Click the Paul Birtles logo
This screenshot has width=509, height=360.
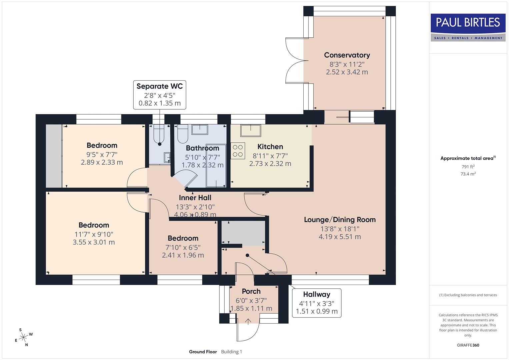(468, 27)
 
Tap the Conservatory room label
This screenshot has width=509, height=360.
(347, 55)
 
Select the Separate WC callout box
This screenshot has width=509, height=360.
(160, 95)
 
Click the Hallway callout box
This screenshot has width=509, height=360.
(316, 303)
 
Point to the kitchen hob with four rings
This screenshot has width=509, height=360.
(238, 150)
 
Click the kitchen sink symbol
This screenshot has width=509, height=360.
(251, 131)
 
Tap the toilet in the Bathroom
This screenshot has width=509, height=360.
(183, 135)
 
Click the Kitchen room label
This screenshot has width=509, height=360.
(270, 147)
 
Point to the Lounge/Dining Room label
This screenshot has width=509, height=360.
(340, 220)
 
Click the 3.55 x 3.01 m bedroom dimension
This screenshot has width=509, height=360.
(94, 242)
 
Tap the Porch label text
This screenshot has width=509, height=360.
(251, 291)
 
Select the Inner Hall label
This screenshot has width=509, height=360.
(195, 198)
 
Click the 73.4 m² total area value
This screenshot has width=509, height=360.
(468, 174)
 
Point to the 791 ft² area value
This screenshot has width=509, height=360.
(468, 167)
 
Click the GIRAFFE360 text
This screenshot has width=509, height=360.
(468, 345)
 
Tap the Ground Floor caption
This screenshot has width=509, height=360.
(203, 352)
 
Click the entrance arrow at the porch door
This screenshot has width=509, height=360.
(248, 321)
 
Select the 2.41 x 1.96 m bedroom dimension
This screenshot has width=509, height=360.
(183, 255)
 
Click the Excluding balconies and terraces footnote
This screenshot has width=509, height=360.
(468, 295)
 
